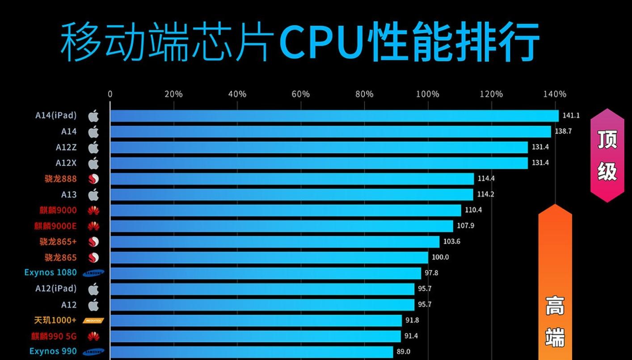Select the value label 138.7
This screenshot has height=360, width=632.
click(x=563, y=131)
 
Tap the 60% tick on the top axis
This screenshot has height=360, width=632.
click(x=300, y=94)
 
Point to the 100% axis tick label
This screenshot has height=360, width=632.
click(x=428, y=94)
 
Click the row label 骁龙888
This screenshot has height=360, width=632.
click(x=60, y=179)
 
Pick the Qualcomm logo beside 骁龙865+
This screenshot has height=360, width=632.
click(x=93, y=242)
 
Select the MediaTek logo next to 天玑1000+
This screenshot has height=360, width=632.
click(x=93, y=321)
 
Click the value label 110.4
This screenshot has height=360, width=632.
click(x=473, y=210)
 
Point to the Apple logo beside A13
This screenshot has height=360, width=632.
click(x=93, y=195)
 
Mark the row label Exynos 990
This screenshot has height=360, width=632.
click(x=53, y=352)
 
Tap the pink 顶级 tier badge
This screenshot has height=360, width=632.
click(x=607, y=155)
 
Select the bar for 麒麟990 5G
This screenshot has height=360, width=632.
click(x=255, y=336)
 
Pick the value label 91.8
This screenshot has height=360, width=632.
click(x=412, y=320)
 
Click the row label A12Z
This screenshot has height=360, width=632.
click(x=66, y=148)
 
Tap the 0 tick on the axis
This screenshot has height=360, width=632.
click(x=110, y=94)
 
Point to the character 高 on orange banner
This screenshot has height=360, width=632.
click(x=555, y=306)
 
